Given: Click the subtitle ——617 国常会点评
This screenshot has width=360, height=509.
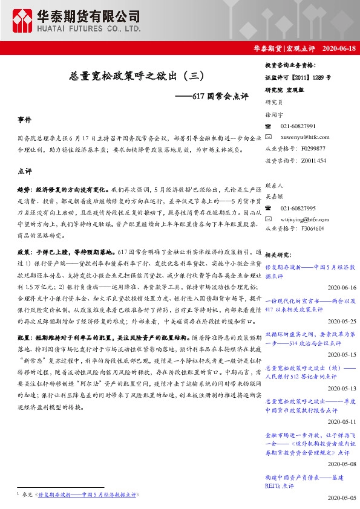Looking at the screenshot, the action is (x=212, y=96).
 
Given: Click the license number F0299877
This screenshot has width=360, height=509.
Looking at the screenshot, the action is (x=312, y=148).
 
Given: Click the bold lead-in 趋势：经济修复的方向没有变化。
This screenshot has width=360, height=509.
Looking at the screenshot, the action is (x=63, y=190).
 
